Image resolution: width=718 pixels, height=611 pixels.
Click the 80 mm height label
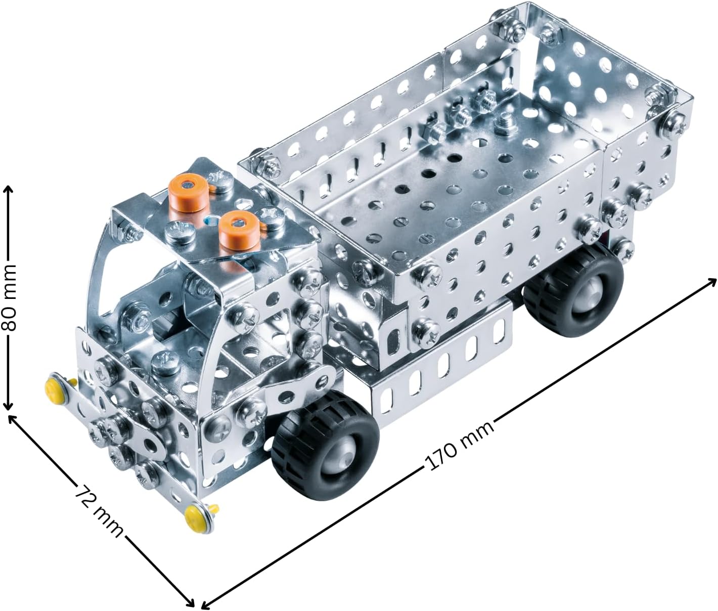click(x=9, y=297)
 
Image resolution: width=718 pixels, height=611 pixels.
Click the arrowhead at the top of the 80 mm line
click(x=8, y=189)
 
